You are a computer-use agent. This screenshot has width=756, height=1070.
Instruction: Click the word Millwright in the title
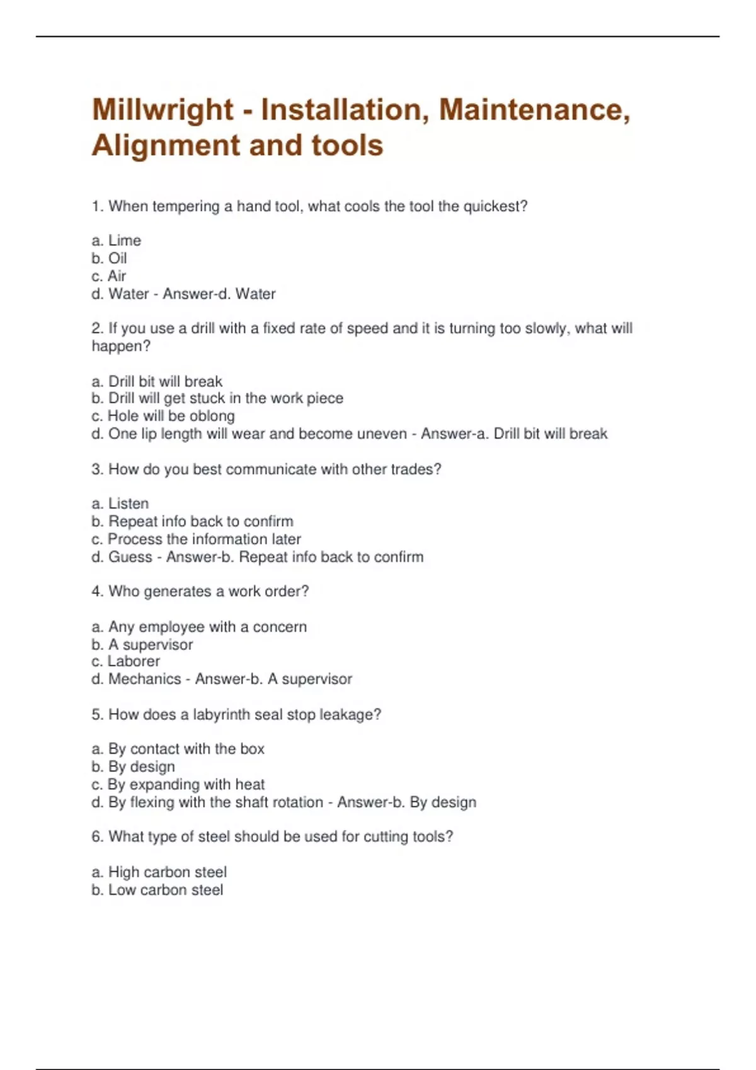(x=163, y=110)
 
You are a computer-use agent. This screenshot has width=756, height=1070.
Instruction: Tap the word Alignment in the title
(x=166, y=145)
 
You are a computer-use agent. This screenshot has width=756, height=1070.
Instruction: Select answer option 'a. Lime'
(x=117, y=240)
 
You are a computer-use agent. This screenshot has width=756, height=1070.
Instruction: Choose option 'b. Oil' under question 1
(x=110, y=258)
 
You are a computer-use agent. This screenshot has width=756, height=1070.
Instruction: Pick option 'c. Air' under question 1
(x=109, y=276)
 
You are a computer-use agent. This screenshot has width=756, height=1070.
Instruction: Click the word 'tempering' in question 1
(x=186, y=206)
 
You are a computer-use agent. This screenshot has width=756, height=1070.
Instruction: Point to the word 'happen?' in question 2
(x=121, y=346)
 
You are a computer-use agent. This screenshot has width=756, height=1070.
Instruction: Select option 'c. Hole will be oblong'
(x=163, y=416)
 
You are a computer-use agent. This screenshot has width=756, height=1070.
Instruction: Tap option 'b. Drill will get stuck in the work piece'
(x=217, y=398)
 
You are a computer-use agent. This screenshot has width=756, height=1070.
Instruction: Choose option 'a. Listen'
(x=120, y=504)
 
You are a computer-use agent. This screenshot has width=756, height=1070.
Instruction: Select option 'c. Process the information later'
(x=196, y=539)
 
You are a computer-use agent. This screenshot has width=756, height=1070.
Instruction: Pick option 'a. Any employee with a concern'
(x=199, y=627)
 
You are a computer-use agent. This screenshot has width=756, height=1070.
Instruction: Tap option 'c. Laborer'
(x=126, y=662)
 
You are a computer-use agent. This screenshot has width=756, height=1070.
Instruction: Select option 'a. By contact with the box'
(x=178, y=749)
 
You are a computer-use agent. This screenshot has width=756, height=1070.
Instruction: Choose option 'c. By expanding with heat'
(x=178, y=785)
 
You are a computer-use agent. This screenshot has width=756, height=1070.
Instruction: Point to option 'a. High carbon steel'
(x=159, y=872)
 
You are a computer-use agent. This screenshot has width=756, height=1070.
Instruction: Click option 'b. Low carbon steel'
(x=157, y=890)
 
